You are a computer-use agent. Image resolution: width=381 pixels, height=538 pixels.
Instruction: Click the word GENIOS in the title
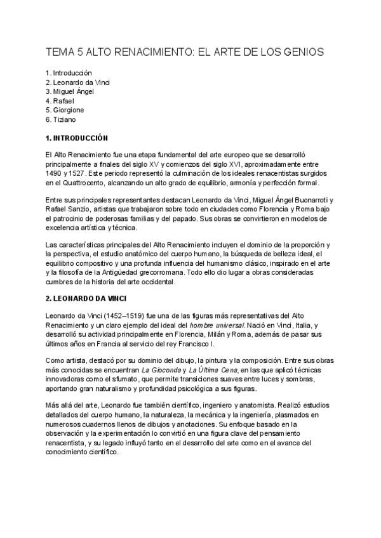tap(301, 51)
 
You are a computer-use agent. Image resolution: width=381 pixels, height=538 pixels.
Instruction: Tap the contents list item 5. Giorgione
tap(65, 110)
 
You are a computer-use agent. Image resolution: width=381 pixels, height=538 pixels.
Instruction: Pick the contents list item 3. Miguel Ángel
tap(70, 92)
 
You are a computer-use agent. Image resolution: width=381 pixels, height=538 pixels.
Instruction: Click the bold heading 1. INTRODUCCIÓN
tap(77, 138)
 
